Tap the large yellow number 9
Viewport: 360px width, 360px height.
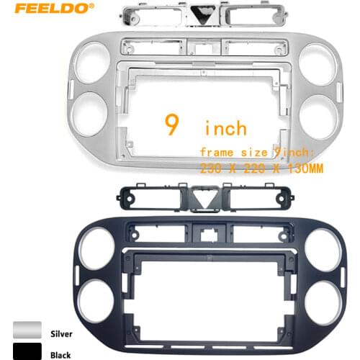tap(172, 126)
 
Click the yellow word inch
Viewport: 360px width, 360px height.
tap(225, 129)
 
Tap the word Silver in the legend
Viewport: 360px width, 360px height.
tap(61, 334)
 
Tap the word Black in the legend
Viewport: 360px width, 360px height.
tap(60, 354)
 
